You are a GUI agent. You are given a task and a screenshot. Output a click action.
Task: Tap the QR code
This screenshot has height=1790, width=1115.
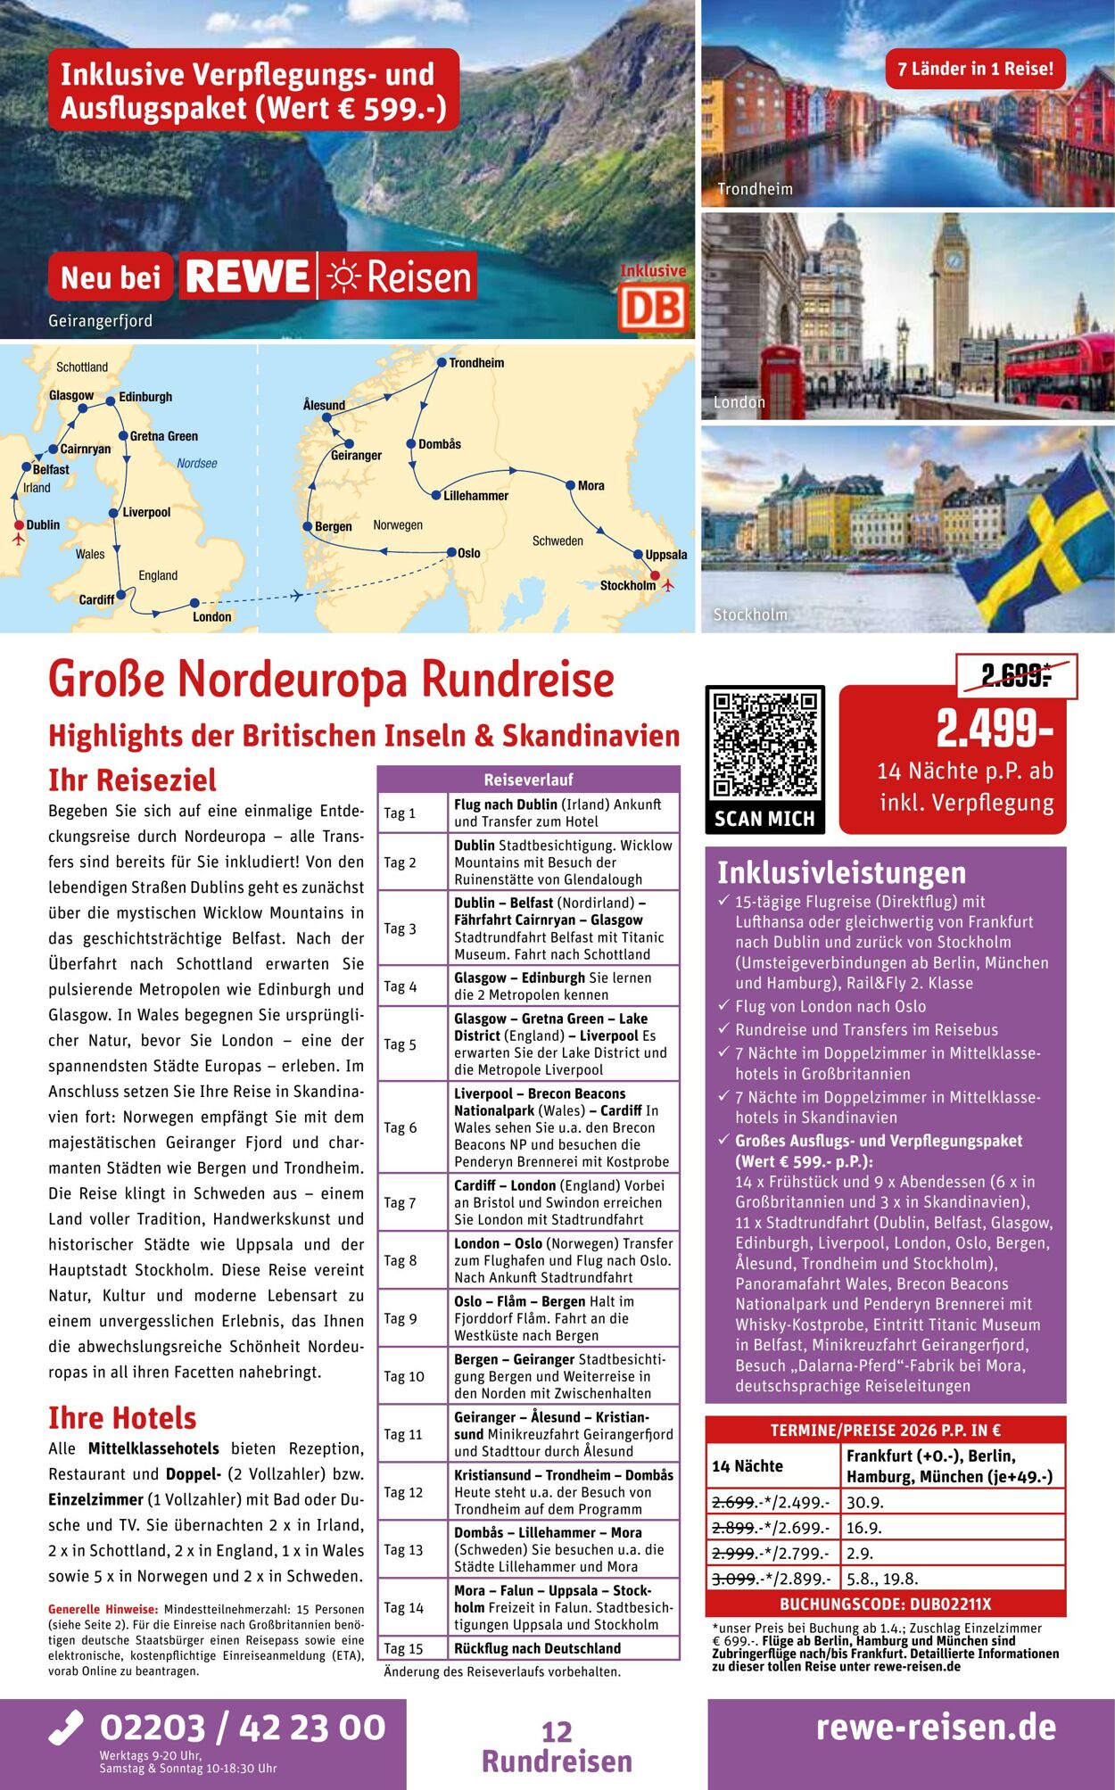point(764,745)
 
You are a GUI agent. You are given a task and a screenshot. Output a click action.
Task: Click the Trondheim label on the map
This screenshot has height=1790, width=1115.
point(476,363)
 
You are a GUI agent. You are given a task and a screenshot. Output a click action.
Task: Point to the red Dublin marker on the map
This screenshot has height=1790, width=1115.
point(19,525)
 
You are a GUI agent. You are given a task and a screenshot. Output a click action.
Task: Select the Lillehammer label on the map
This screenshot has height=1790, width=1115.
point(475,496)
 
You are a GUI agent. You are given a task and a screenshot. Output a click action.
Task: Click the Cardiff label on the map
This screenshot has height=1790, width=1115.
point(96,599)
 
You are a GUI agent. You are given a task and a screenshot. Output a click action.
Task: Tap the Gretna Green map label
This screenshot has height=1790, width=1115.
point(164,436)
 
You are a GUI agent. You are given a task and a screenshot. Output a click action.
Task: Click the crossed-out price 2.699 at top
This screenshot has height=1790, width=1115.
point(1015,676)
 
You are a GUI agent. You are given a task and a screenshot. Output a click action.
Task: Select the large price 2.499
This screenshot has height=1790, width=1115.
point(994,729)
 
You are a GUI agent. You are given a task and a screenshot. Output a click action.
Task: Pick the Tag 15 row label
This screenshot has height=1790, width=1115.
point(403,1648)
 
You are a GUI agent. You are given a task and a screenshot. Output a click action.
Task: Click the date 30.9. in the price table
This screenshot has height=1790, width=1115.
point(865,1502)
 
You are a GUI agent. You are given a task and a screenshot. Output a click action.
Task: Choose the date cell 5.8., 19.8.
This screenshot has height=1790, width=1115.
point(882,1578)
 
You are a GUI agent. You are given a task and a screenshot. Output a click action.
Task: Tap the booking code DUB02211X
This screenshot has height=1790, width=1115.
point(885,1604)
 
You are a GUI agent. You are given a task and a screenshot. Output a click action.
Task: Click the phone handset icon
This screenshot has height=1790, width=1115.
point(67,1727)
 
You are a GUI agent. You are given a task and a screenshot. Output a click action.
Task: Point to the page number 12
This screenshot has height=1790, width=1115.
point(557,1731)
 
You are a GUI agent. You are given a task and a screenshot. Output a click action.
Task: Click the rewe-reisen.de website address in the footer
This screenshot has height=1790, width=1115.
point(936,1727)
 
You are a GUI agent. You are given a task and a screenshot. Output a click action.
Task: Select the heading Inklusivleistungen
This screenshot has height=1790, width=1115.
point(841,871)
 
